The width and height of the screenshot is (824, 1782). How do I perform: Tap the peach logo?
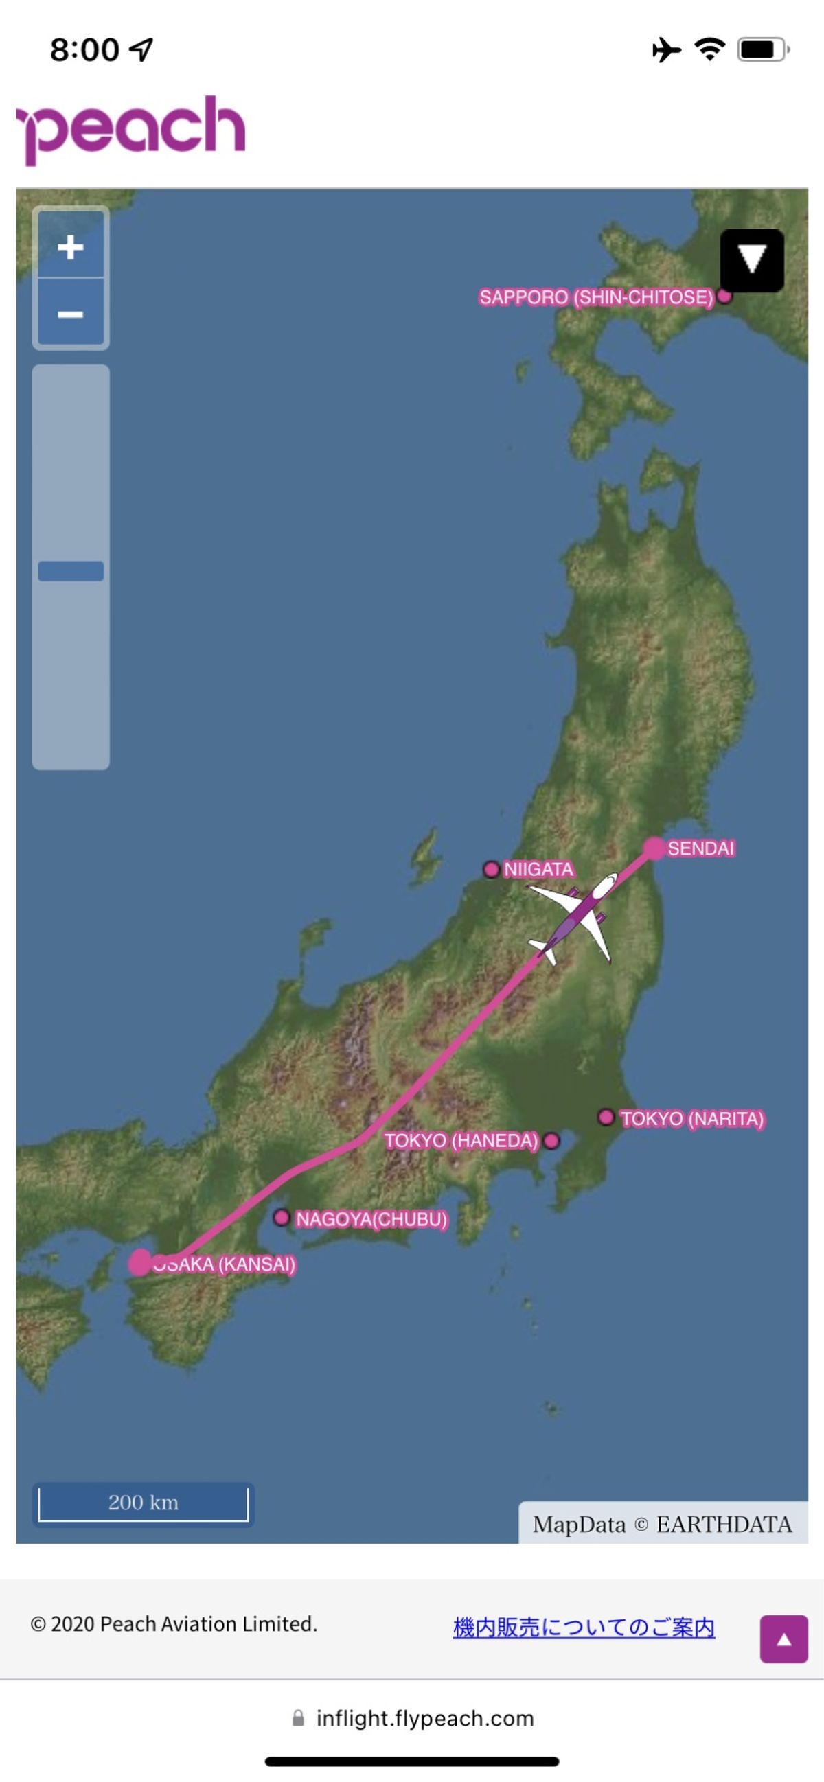tap(131, 128)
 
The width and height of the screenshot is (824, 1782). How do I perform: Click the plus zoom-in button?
tap(71, 247)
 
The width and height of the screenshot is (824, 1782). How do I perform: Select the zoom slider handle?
tap(71, 570)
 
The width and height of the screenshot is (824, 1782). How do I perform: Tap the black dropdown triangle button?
tap(751, 260)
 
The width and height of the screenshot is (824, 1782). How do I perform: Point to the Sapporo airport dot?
tap(724, 296)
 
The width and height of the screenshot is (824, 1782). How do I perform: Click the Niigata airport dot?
tap(491, 869)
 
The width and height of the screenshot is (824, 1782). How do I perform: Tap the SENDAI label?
tap(700, 848)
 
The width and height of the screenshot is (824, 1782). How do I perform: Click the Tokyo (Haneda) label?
tap(461, 1141)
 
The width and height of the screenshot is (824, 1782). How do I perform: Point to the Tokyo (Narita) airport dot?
tap(606, 1118)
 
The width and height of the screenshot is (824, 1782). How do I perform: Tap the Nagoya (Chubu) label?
tap(371, 1219)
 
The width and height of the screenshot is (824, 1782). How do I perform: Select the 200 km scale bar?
tap(144, 1502)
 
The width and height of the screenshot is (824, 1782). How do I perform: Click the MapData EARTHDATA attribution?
tap(662, 1524)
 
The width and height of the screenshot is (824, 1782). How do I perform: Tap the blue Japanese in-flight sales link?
tap(584, 1627)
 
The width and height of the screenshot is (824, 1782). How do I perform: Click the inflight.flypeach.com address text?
tap(425, 1717)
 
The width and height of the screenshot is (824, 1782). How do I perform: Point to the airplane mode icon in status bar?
tap(666, 50)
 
